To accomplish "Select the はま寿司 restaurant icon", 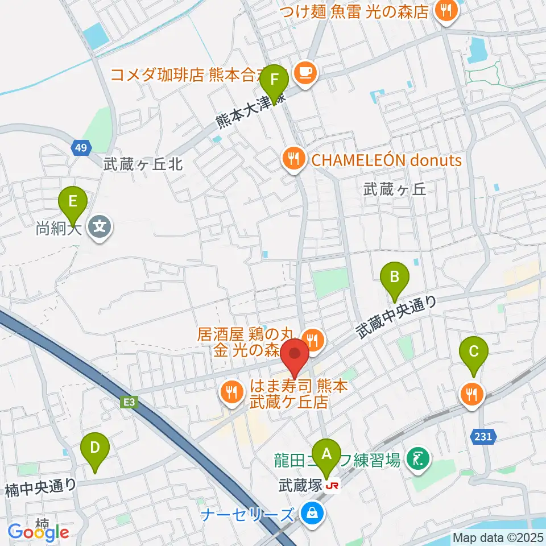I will click(231, 392).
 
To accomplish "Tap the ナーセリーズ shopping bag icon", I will click(312, 515).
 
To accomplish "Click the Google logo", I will click(39, 532).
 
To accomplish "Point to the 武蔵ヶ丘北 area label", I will click(143, 165).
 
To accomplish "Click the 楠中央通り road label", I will click(41, 487).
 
